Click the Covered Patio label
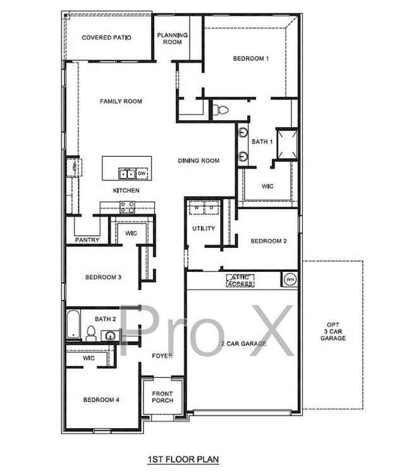click(106, 38)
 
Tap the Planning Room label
click(172, 39)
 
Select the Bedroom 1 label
click(251, 59)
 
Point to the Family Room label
click(121, 101)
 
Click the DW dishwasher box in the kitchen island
click(142, 173)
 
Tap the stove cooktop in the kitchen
click(127, 206)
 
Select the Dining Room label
click(199, 161)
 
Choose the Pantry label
click(87, 240)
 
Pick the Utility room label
click(204, 228)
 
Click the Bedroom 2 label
click(269, 241)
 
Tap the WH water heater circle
click(290, 279)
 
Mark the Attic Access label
click(240, 281)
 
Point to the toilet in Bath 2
click(90, 333)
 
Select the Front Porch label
click(163, 396)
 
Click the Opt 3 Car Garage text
click(333, 331)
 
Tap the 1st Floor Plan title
click(175, 458)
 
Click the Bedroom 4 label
click(102, 400)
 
